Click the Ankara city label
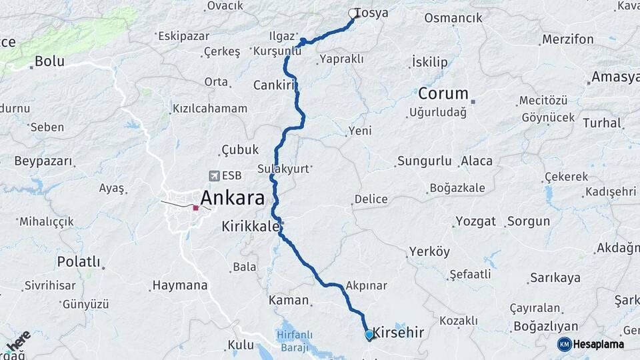tap(232, 197)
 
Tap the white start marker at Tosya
tap(353, 13)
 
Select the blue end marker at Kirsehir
tap(369, 335)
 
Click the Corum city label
tap(443, 93)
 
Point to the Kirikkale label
tap(250, 227)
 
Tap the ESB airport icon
tap(213, 176)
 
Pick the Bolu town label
tap(49, 61)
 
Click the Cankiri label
tap(274, 85)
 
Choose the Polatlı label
tap(78, 261)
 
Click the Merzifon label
tap(567, 39)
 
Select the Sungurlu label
tap(425, 161)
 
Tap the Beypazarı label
tap(43, 161)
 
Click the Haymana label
tap(180, 285)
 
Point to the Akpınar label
tap(367, 285)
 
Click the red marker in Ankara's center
tap(195, 208)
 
